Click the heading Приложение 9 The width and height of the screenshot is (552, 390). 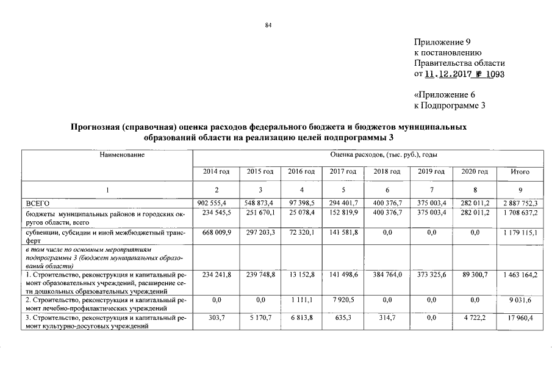tap(442, 43)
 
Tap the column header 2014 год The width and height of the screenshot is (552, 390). tap(216, 172)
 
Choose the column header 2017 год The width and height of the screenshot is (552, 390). tap(343, 172)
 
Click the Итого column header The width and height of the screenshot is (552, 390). tap(520, 172)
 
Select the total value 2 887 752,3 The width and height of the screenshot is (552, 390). tap(520, 202)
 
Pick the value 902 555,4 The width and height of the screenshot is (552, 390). tap(216, 202)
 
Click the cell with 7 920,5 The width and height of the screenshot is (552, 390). tap(343, 300)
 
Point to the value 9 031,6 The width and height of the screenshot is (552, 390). tap(520, 300)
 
